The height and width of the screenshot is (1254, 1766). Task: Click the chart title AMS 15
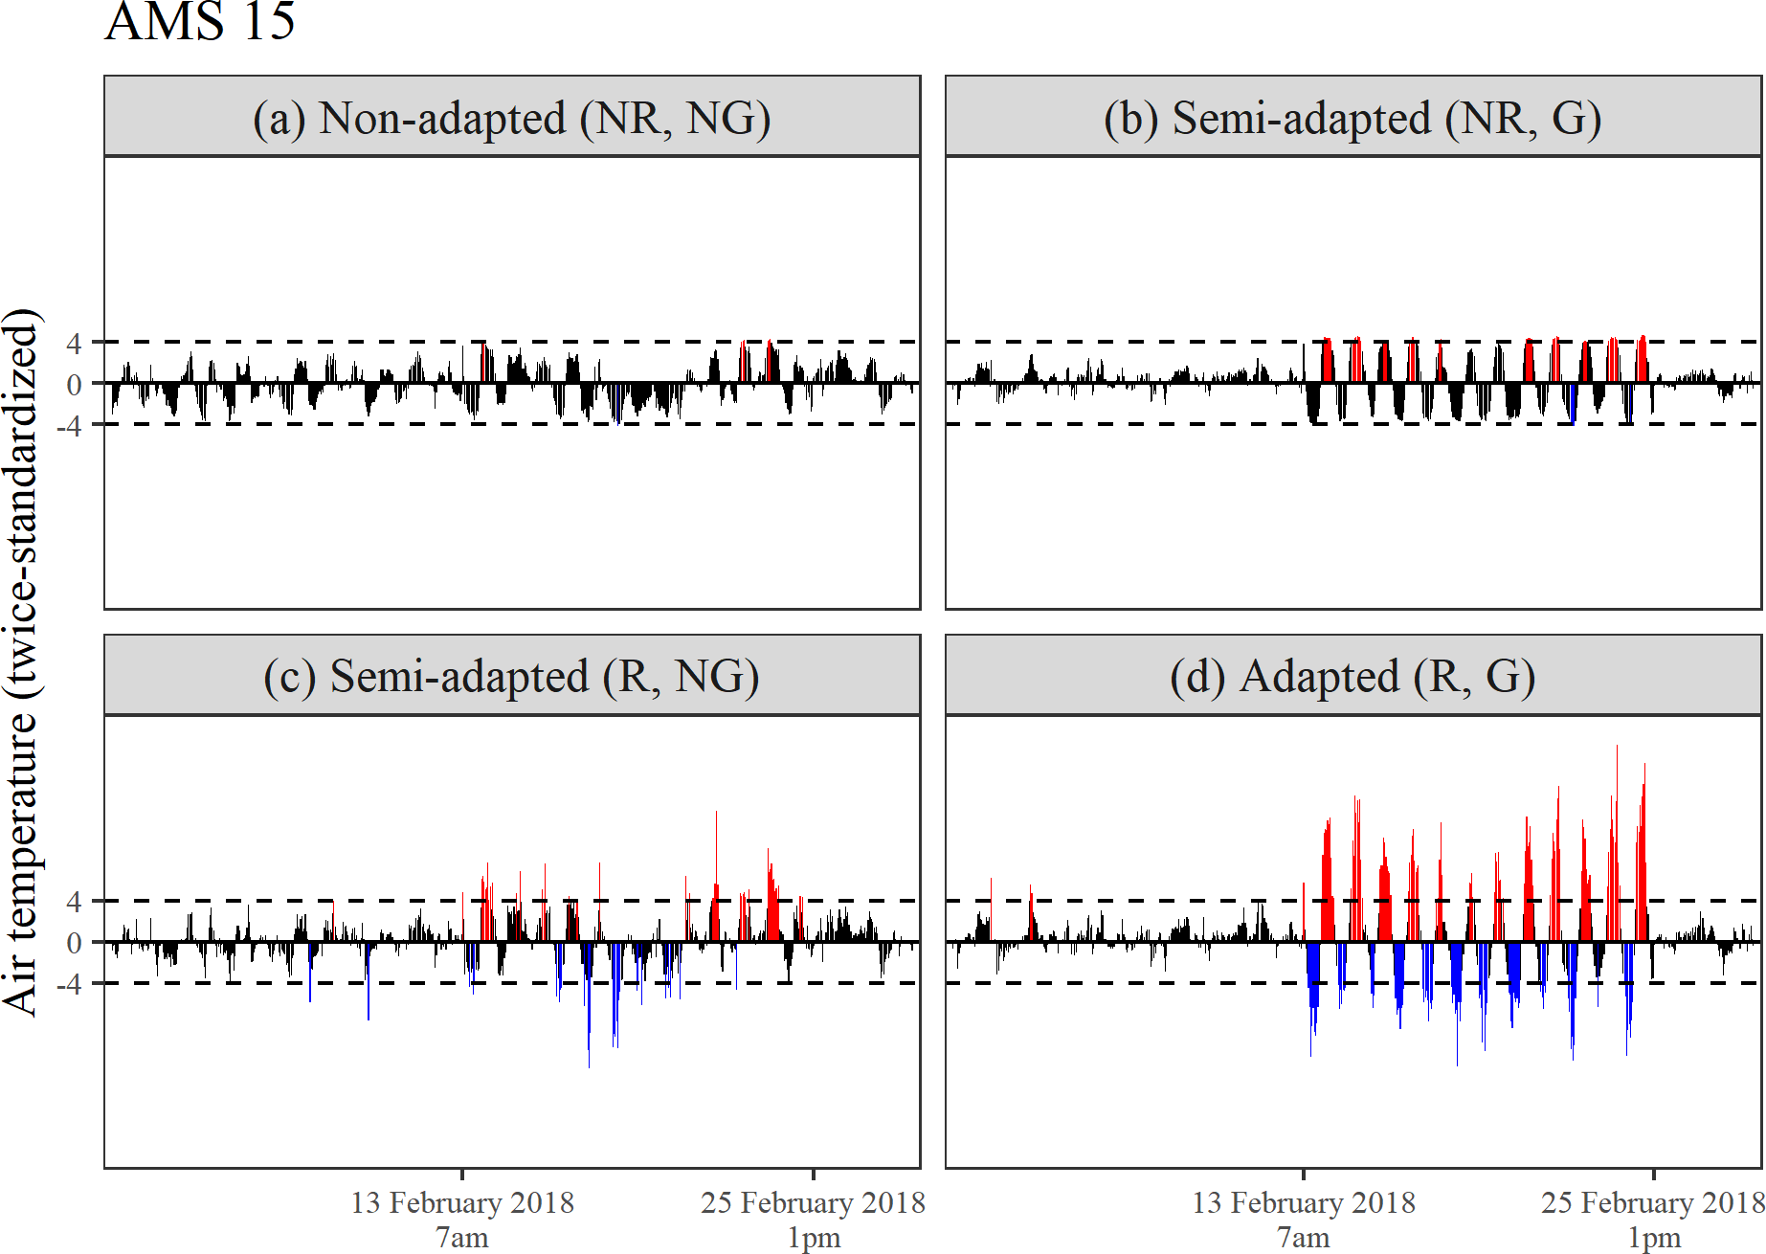tap(200, 21)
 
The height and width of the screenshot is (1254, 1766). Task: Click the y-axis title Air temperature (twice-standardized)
tap(21, 661)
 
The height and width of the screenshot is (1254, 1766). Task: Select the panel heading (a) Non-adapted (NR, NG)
tap(512, 118)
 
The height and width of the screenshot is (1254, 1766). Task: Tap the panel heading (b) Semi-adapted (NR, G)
tap(1352, 118)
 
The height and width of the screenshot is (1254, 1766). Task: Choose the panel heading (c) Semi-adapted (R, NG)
tap(512, 676)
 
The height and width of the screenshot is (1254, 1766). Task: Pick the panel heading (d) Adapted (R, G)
tap(1352, 676)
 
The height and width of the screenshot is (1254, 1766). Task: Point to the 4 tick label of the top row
tap(74, 343)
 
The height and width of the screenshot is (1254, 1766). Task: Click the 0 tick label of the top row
tap(74, 384)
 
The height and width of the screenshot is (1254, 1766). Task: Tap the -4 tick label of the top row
tap(69, 425)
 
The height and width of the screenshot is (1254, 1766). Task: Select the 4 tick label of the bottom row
tap(74, 901)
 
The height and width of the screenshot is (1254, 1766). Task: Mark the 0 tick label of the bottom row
tap(74, 942)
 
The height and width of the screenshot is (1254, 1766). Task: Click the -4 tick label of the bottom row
tap(69, 983)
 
